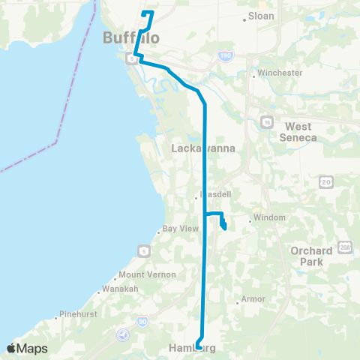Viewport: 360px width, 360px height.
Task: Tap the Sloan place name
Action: click(260, 16)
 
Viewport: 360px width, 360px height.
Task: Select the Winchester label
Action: click(279, 73)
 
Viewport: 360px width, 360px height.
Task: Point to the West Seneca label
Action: click(298, 132)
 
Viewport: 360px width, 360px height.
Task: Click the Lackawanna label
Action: click(204, 148)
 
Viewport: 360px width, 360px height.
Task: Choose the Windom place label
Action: click(270, 217)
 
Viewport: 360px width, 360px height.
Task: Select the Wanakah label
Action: click(121, 289)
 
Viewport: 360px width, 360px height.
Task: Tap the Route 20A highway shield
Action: click(345, 246)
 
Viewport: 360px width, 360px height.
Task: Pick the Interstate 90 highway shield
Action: click(144, 322)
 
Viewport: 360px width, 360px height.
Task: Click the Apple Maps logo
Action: click(27, 348)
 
